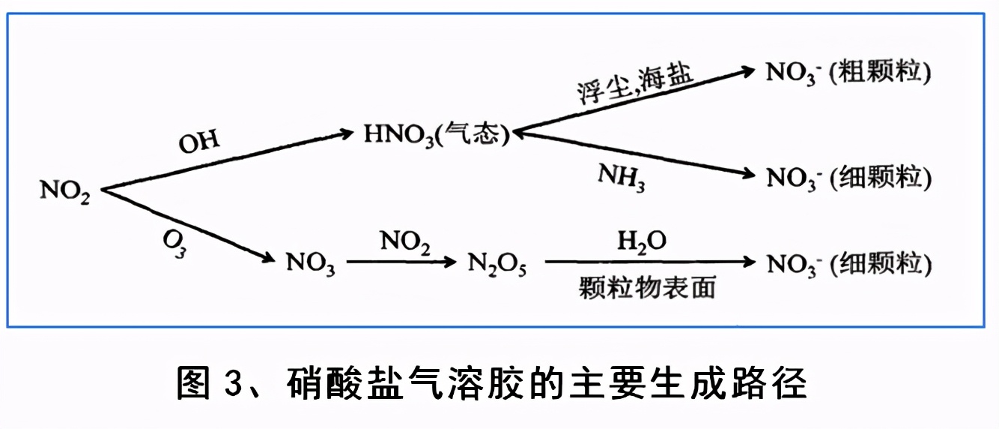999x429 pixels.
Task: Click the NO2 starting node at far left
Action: coord(65,191)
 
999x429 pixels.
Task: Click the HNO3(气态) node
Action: coord(437,135)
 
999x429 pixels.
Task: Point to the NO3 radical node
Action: coord(310,264)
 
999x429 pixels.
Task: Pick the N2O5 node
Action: coord(497,264)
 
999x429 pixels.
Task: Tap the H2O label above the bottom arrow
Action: coord(642,241)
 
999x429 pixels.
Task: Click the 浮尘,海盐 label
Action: coord(635,84)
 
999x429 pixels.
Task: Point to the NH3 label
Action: coord(621,178)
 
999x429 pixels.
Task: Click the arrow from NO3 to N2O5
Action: coord(401,262)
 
